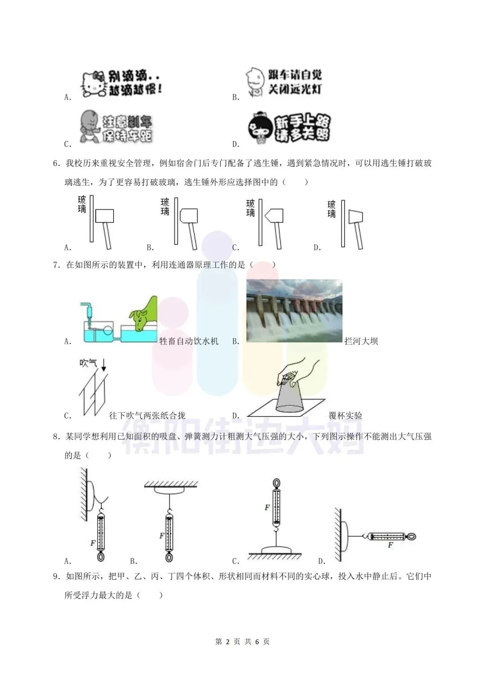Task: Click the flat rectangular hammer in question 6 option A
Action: click(105, 216)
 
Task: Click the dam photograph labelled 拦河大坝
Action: click(294, 311)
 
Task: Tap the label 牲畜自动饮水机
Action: click(189, 341)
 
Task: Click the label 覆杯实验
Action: click(345, 416)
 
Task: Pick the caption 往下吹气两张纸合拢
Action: click(147, 416)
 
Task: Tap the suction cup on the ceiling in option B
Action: click(170, 491)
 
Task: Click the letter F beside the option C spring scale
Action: click(267, 508)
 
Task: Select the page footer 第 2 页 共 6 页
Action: click(242, 642)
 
